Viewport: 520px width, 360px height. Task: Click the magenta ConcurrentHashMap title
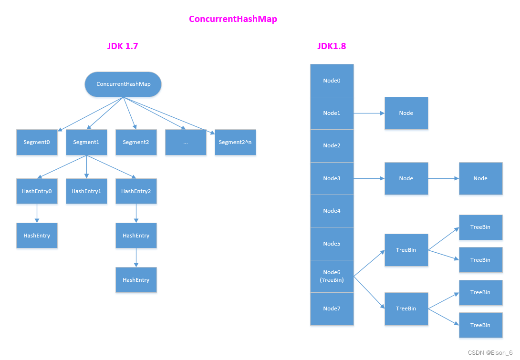[233, 19]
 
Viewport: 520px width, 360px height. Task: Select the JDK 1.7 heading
[123, 46]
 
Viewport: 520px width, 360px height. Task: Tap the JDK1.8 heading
[332, 46]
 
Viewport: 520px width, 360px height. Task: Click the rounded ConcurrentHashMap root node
[123, 84]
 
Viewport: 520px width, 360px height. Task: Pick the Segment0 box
[37, 142]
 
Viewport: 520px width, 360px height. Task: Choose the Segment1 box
[86, 142]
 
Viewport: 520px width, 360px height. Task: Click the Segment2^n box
[235, 142]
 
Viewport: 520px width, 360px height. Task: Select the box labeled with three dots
[186, 142]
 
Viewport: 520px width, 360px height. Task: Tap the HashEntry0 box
[37, 191]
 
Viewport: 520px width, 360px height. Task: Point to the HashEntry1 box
[86, 191]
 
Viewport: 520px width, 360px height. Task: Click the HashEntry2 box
[136, 191]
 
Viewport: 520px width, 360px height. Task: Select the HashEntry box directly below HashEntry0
[37, 236]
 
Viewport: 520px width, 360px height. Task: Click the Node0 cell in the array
[332, 81]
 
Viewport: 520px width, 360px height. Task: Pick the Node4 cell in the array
[332, 211]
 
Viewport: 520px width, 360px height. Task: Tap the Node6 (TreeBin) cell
[332, 276]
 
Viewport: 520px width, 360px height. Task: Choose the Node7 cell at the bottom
[332, 309]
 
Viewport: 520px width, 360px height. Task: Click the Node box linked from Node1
[406, 113]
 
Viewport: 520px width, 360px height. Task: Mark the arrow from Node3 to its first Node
[369, 178]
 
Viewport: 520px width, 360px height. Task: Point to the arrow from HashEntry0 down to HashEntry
[37, 213]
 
